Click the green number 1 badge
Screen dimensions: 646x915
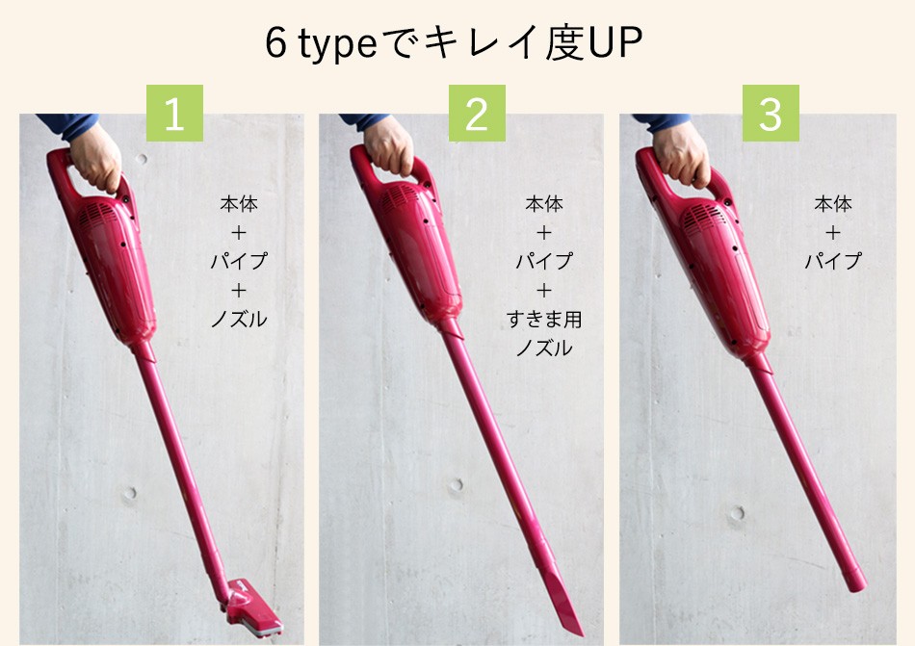174,115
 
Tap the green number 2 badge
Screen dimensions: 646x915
477,115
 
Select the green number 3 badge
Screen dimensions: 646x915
771,115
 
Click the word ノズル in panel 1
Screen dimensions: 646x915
238,318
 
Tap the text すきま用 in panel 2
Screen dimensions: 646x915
544,319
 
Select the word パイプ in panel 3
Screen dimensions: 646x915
833,261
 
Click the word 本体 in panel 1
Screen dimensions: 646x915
238,204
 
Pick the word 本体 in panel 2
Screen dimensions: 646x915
544,204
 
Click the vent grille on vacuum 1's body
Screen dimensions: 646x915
95,216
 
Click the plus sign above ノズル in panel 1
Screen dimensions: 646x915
238,289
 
